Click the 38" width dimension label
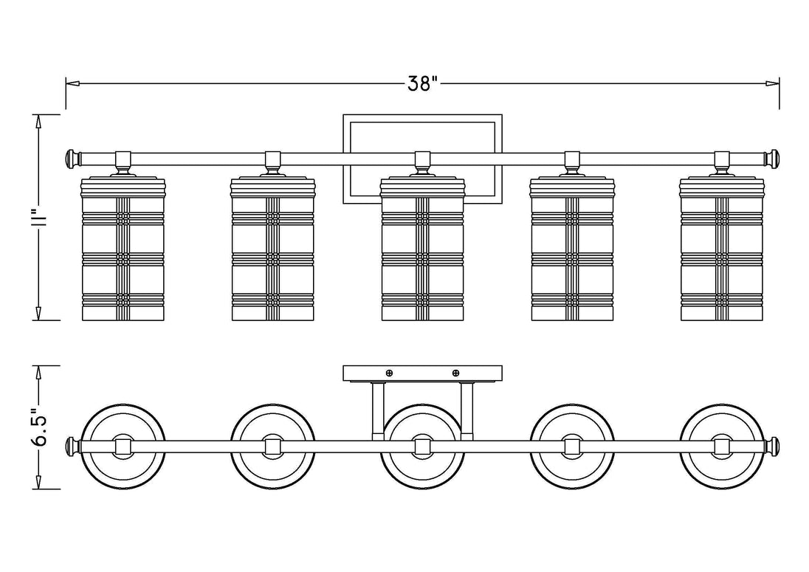coord(422,83)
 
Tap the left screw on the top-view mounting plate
coord(389,373)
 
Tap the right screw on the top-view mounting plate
coord(455,373)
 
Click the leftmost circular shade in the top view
coord(123,446)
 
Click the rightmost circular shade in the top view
coord(722,446)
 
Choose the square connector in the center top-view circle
coord(422,446)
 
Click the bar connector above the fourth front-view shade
coord(572,158)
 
